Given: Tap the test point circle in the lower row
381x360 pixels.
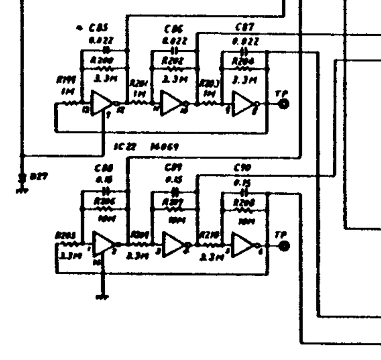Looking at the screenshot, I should click(x=284, y=246).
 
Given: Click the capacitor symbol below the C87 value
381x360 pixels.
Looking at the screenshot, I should click(x=244, y=51).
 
